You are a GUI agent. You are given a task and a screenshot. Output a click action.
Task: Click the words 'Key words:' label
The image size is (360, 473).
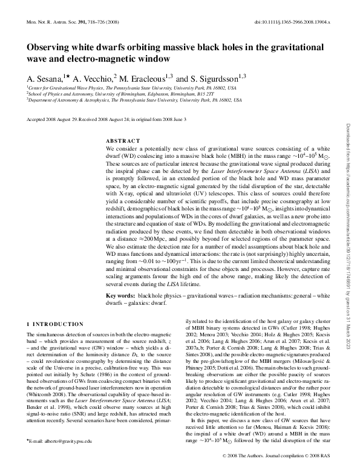pos(120,295)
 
